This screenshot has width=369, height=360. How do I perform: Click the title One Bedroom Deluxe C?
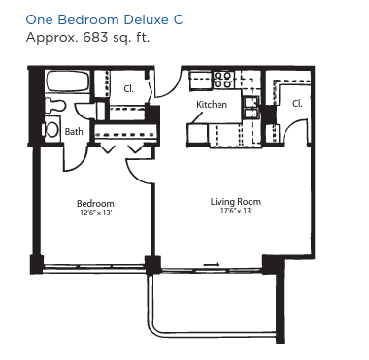pos(104,19)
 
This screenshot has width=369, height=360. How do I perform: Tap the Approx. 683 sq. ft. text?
pos(87,37)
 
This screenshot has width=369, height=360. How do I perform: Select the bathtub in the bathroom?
pos(67,82)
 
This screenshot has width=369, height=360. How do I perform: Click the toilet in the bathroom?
pos(55,105)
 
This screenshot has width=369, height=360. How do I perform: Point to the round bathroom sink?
pos(51,130)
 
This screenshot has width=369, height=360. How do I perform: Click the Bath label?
pos(74,132)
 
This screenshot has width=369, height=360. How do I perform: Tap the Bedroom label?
pos(95,204)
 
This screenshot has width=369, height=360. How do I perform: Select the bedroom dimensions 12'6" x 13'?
pos(95,213)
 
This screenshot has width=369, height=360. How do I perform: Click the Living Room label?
pos(236,202)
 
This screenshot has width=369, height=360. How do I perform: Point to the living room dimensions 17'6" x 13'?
pos(236,211)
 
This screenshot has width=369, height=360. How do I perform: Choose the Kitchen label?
pos(212,105)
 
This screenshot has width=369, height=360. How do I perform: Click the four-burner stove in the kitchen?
pos(223,80)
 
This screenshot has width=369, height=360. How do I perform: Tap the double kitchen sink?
pos(252,108)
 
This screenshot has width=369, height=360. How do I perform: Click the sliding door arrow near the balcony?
pos(212,265)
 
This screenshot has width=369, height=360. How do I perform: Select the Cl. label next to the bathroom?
pos(128,89)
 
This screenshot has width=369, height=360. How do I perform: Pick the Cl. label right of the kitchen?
pos(297,104)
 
